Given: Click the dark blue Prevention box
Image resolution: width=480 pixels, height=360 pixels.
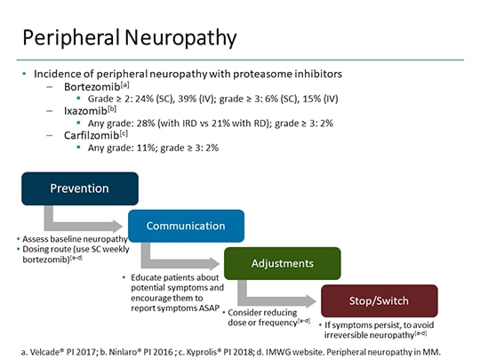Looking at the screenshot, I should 80,188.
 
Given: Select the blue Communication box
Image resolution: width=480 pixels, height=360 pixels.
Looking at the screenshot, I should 186,226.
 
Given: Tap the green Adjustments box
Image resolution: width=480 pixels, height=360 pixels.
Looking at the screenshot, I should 282,263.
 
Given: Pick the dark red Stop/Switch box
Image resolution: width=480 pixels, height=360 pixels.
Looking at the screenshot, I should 379,300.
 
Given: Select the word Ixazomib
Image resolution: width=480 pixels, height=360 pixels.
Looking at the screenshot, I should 88,111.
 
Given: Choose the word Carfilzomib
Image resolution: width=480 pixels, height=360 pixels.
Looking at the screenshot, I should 95,135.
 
